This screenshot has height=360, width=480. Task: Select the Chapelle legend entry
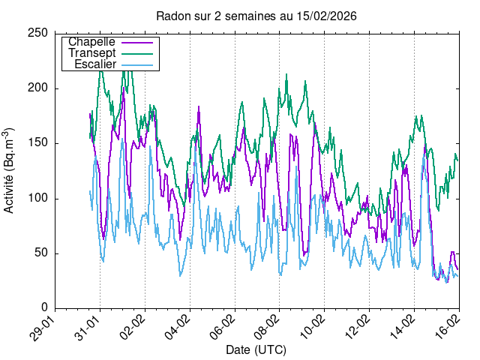pos(91,42)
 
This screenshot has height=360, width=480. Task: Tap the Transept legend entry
pos(91,53)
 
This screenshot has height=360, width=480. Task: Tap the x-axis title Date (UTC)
pos(256,349)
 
